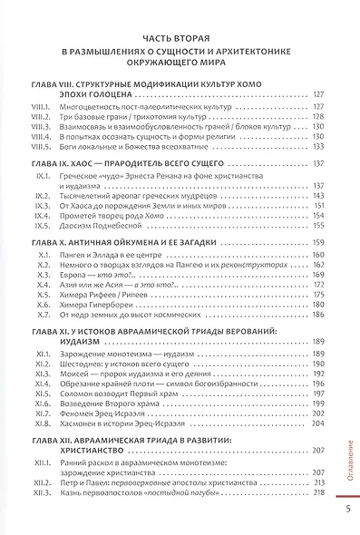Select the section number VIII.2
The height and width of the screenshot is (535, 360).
pyautogui.click(x=42, y=117)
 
